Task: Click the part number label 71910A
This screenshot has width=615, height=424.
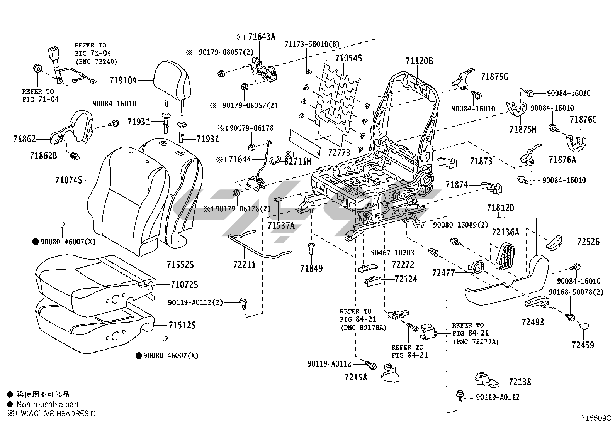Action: pos(123,80)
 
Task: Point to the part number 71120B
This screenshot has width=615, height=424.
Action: pos(419,61)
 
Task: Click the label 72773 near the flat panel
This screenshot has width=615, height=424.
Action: pos(340,153)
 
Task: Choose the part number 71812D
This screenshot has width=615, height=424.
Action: pos(500,208)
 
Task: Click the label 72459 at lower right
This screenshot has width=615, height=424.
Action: pos(583,345)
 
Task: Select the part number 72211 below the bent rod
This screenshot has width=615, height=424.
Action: pos(245,265)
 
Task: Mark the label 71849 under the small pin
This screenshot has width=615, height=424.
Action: pos(311,268)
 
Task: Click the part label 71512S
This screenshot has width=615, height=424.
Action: pos(182,325)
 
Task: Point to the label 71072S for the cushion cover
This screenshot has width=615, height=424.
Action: pos(184,284)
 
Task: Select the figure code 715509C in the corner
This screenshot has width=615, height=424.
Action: pos(597,417)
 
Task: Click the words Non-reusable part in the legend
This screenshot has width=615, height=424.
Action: pos(48,404)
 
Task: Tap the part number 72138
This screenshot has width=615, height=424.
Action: pos(520,382)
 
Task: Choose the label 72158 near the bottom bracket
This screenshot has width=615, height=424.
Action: pos(356,377)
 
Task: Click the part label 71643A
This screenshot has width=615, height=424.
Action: pos(262,37)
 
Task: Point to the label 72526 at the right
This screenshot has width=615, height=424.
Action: pos(588,242)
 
